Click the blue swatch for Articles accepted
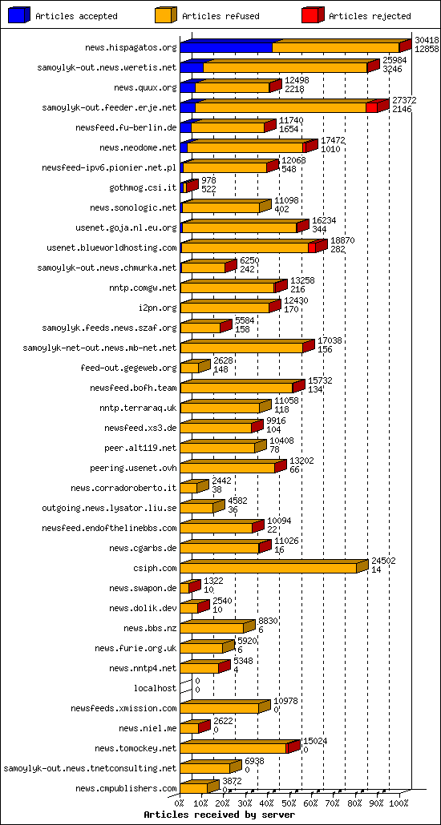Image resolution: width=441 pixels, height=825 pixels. coord(18,15)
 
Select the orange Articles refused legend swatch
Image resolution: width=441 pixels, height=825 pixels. coord(164,15)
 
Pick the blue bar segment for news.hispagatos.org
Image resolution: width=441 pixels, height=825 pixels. coord(226,48)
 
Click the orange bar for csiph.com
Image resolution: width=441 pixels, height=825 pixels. coord(268,568)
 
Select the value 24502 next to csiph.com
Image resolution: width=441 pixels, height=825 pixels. coord(383,561)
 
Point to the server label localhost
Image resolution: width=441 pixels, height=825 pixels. coord(155,688)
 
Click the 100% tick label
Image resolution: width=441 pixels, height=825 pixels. coord(399,801)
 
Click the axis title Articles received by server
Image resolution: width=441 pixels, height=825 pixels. coord(214,814)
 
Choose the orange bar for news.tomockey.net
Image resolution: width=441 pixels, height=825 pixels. coord(233,748)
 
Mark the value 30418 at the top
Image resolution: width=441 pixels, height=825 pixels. coord(427,40)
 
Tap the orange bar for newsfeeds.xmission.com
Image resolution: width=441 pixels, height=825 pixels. coord(219,708)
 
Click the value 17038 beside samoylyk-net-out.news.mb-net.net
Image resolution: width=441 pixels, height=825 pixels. coord(330,340)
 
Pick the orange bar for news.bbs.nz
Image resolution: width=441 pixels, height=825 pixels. coord(212,628)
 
